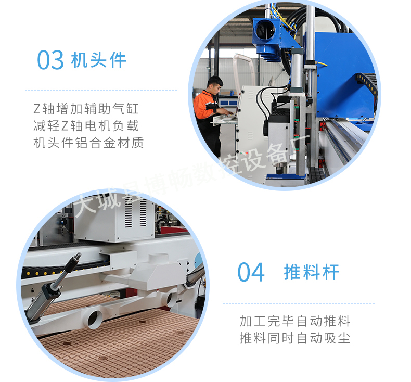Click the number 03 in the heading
(50, 60)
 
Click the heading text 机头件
(99, 60)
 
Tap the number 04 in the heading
(251, 272)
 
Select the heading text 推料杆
(312, 272)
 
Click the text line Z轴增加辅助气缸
(86, 109)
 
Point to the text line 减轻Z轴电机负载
(86, 126)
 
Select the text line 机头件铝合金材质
(88, 143)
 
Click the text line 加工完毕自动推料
(295, 321)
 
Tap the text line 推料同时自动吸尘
(295, 338)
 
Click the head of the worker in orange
(215, 85)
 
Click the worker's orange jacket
(204, 105)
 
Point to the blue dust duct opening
(265, 30)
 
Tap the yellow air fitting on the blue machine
(322, 63)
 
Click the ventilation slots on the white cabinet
(135, 212)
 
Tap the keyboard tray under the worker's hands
(224, 120)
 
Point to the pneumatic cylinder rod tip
(78, 255)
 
